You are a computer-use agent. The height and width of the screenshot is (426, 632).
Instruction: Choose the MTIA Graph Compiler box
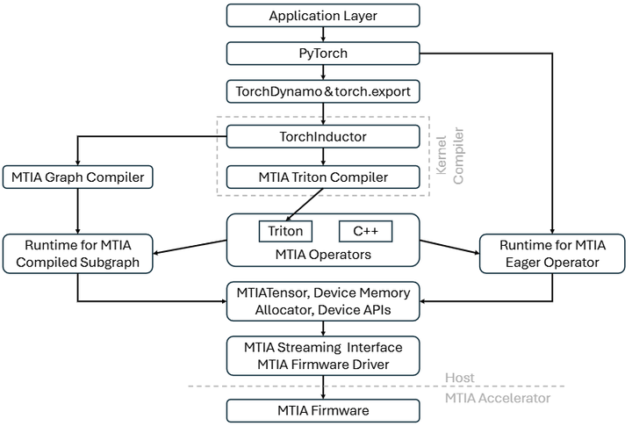(77, 177)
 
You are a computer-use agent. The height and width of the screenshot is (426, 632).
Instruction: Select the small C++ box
(365, 231)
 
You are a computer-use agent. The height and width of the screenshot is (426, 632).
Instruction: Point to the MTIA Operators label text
(322, 255)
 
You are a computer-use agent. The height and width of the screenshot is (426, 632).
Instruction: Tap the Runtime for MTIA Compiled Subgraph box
(77, 252)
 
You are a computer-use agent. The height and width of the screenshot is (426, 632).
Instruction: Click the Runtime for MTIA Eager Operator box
(553, 252)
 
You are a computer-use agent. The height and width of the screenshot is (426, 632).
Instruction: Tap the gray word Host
(459, 378)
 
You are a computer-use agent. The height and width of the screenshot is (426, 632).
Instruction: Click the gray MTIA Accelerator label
(498, 398)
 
